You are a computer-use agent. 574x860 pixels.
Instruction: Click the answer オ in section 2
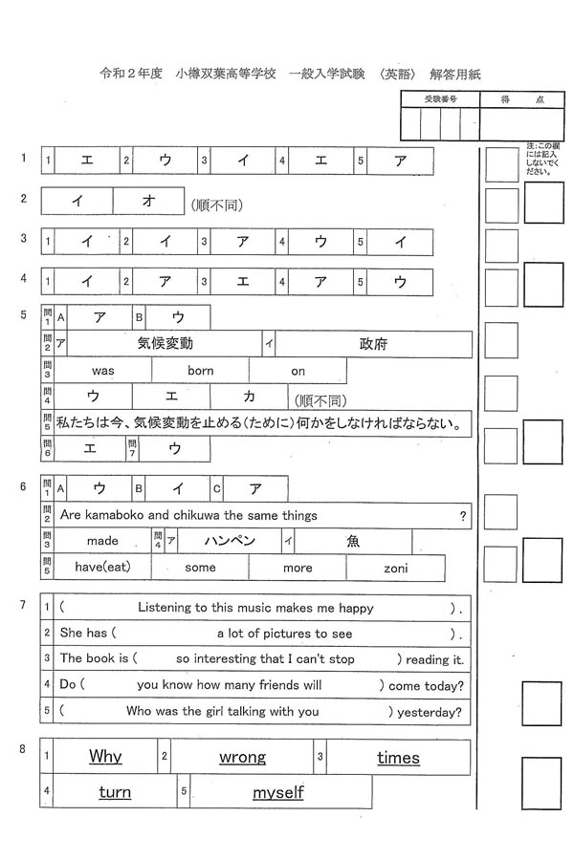148,201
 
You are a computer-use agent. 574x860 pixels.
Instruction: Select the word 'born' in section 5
201,371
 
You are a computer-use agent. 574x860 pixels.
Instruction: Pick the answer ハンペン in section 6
230,541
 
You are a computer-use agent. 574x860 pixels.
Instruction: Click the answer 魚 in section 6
353,541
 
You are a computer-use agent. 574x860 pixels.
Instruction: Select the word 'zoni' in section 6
395,568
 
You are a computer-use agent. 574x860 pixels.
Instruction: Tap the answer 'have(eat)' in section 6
102,568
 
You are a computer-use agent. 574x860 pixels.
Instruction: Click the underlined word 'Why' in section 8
105,757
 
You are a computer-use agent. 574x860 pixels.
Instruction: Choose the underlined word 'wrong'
242,757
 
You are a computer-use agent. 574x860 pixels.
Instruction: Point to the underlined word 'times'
398,758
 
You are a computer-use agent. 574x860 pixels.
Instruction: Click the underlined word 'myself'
277,792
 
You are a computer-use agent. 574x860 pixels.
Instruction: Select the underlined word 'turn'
115,792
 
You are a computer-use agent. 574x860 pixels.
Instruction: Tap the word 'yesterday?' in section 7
432,711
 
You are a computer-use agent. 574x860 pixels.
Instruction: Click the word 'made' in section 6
102,541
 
